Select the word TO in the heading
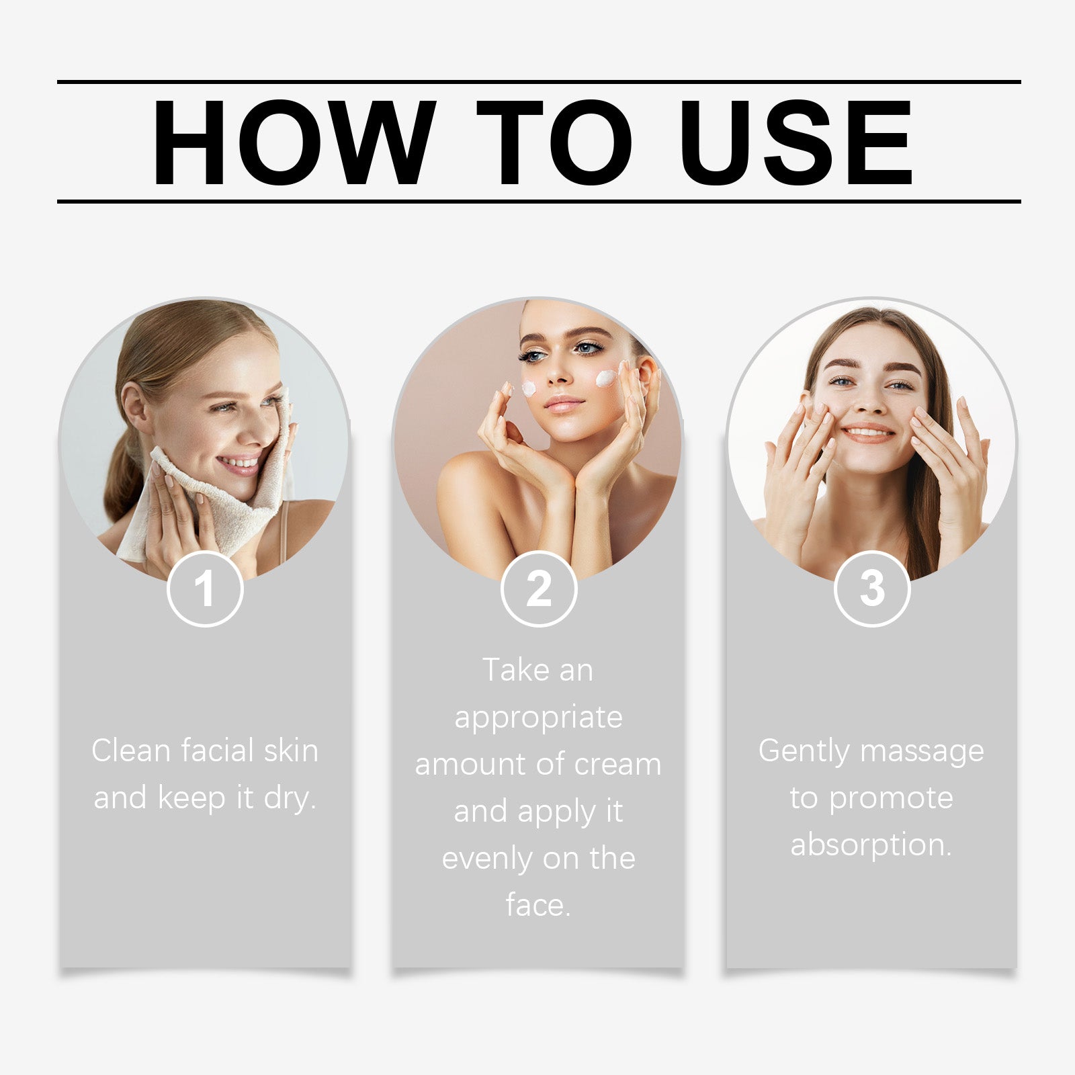point(554,142)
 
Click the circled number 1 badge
point(204,589)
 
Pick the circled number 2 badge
point(538,589)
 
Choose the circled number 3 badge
point(872,589)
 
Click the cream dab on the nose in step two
point(529,388)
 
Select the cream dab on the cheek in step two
point(605,378)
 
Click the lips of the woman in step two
point(563,404)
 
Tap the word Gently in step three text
point(804,751)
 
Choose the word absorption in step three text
point(871,845)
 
